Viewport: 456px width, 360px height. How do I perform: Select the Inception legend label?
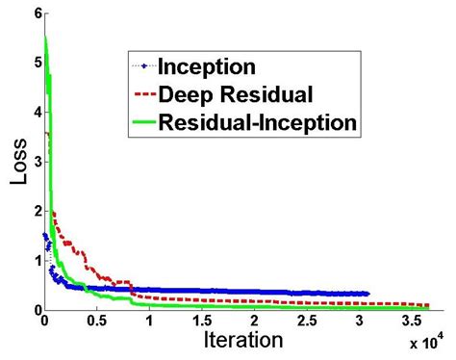207,67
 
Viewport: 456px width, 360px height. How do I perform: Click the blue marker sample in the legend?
143,66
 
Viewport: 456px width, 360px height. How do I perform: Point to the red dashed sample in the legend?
143,94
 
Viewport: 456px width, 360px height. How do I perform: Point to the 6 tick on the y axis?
36,13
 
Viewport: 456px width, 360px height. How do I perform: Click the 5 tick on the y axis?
36,63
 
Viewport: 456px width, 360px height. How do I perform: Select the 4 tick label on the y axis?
36,112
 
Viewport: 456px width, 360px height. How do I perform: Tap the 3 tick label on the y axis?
36,162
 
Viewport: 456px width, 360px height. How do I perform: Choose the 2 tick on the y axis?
36,211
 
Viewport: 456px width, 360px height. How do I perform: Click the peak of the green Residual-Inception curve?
46,37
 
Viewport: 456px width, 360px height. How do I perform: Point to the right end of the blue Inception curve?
367,294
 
